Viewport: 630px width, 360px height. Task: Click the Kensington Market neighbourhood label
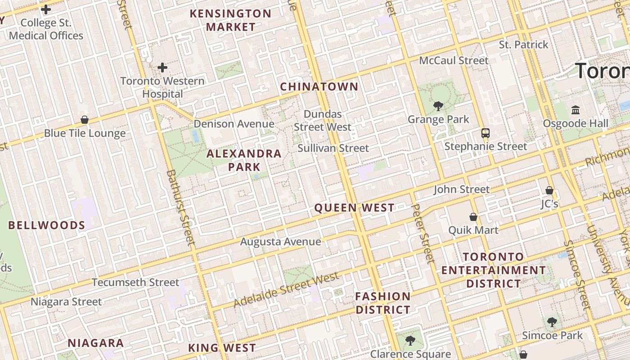click(230, 20)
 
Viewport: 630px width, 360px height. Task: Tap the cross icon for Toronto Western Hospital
click(162, 68)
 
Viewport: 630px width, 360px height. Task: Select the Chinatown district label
click(319, 87)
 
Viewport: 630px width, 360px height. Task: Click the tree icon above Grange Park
click(438, 106)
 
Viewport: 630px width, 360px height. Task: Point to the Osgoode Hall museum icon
click(575, 110)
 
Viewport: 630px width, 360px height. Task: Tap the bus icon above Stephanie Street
click(485, 133)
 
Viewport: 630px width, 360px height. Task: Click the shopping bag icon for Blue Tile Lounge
click(85, 120)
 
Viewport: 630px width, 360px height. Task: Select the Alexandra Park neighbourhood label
click(244, 160)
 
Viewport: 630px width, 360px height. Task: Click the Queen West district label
click(354, 208)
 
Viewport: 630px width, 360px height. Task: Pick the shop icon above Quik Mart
click(473, 217)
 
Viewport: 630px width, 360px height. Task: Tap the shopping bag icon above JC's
click(549, 190)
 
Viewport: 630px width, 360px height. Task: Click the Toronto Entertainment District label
click(494, 270)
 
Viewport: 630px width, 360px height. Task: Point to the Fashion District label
click(383, 303)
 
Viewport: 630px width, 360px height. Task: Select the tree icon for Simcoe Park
click(552, 322)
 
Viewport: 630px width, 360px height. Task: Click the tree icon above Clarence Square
click(410, 341)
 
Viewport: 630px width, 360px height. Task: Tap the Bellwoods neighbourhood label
click(46, 225)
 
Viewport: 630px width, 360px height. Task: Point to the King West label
click(222, 348)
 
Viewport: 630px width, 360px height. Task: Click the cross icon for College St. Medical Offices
click(45, 9)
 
